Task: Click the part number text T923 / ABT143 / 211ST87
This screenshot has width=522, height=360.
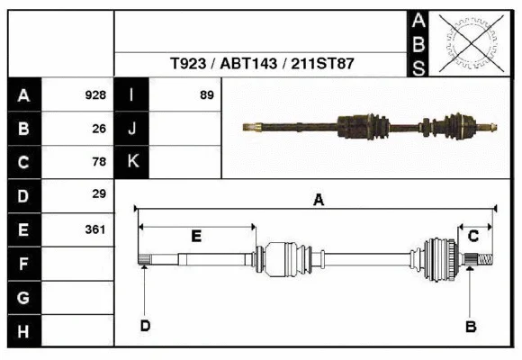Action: pos(261,65)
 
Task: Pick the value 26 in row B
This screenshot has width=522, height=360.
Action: pos(99,129)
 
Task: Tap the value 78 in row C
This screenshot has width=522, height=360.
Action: pos(99,162)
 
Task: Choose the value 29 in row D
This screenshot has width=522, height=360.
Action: pos(99,194)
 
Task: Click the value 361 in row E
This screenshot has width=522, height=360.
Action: pos(95,229)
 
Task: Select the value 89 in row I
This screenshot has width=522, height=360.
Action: pos(206,95)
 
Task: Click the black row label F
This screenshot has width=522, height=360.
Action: pos(23,264)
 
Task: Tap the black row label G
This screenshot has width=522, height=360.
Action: pos(23,297)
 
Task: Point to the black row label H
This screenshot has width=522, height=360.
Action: pos(23,331)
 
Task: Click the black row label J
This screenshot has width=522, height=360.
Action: pos(132,129)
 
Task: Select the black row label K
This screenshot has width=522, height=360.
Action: pos(132,162)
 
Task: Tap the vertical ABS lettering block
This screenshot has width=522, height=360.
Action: pos(418,43)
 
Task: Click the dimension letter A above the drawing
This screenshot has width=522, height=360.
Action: pos(318,201)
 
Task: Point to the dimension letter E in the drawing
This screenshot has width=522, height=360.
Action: pos(196,236)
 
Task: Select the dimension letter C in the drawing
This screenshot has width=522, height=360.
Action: pos(472,236)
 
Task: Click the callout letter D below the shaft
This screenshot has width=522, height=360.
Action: pos(145,325)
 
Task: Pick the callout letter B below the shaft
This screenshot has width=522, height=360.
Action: pos(470,326)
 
